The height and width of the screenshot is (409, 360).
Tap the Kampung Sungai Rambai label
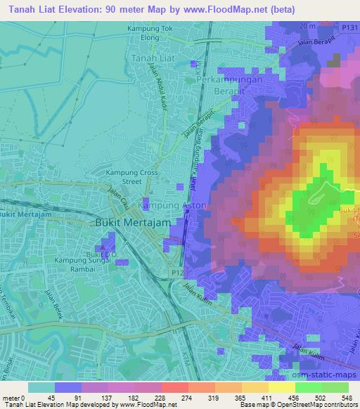79,264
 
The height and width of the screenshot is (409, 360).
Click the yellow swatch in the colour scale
281,387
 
